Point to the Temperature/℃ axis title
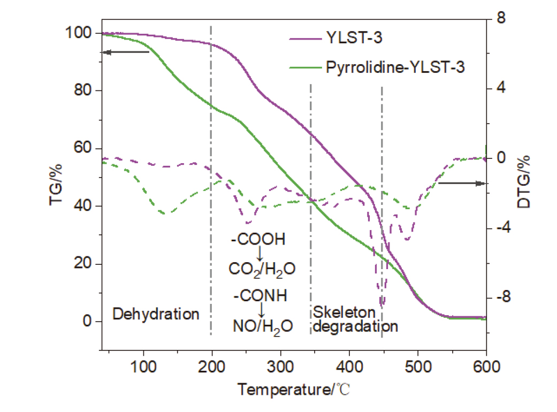click(x=294, y=390)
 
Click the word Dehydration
click(x=156, y=314)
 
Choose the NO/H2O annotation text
click(x=262, y=326)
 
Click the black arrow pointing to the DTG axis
click(x=462, y=183)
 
